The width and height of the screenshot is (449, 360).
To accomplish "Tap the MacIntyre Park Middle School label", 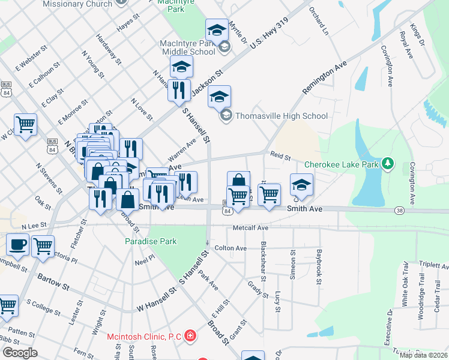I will (x=187, y=47).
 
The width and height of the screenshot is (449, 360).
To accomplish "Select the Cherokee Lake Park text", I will (x=342, y=164).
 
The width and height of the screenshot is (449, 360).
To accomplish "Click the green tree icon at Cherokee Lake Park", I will (x=388, y=163).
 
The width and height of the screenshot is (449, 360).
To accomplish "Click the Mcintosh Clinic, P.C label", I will (x=144, y=337).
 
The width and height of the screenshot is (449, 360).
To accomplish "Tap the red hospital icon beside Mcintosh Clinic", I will (x=190, y=335).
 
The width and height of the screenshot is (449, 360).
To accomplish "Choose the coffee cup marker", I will (x=17, y=245).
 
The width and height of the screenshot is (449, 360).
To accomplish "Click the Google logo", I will (x=20, y=352).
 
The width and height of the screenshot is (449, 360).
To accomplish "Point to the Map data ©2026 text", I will (x=423, y=355).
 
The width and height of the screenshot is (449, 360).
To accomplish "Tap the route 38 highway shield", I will (x=399, y=211).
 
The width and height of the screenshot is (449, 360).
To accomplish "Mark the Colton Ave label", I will (x=231, y=248).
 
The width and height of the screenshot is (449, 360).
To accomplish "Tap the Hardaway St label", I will (x=110, y=53).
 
